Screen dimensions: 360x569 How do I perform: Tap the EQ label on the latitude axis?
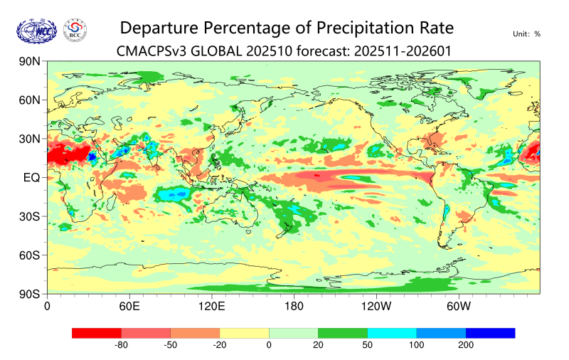(31, 178)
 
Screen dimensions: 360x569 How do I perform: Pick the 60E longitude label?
(128, 307)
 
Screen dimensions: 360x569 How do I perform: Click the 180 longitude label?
(293, 307)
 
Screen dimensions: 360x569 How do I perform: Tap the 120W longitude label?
(376, 307)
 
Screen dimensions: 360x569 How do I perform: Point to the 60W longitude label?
(459, 307)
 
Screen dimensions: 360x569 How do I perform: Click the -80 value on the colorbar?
(121, 345)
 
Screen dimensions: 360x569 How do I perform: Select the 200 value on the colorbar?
(465, 345)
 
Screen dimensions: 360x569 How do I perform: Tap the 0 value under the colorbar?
(269, 345)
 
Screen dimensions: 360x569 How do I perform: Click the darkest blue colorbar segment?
(490, 332)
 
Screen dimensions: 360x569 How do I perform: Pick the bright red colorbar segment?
(97, 332)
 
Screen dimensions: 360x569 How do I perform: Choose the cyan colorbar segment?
(392, 332)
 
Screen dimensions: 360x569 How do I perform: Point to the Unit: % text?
(526, 33)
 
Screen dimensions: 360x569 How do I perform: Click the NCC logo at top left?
(36, 30)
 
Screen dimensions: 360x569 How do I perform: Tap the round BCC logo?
(75, 30)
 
